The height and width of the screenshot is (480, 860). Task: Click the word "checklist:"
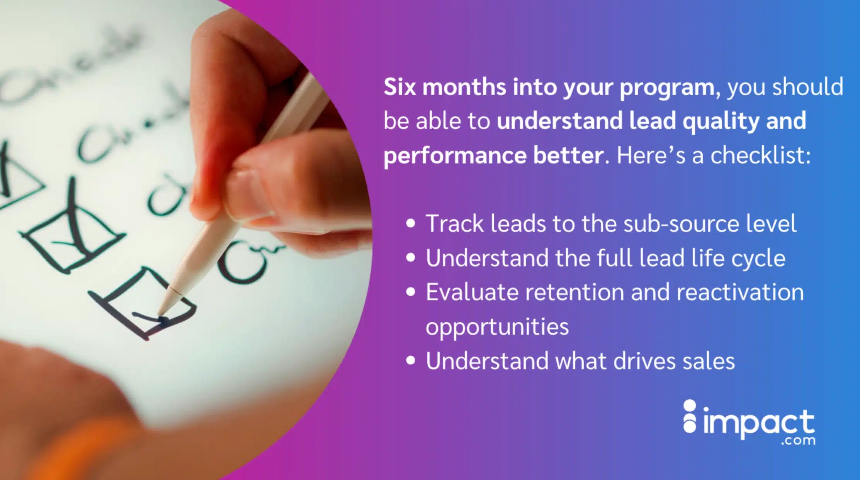click(760, 155)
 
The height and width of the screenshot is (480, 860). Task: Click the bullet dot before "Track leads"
click(411, 223)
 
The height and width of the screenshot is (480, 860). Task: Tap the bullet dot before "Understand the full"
click(411, 258)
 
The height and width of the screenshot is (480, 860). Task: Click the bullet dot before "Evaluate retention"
click(411, 292)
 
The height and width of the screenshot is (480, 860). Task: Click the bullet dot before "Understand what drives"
click(411, 361)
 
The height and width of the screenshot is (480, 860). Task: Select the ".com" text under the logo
click(798, 441)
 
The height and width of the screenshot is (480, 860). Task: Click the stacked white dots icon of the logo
click(690, 417)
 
